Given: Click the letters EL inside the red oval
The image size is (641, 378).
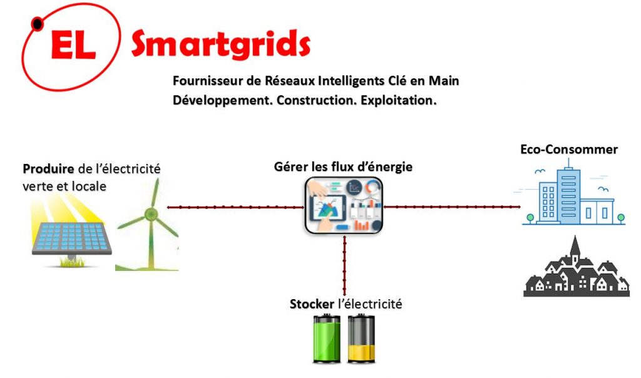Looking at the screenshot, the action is [74, 45].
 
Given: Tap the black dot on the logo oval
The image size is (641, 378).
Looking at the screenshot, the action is [37, 24].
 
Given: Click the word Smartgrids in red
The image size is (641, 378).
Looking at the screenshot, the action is [221, 44].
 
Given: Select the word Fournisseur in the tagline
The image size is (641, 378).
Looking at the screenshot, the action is [208, 81].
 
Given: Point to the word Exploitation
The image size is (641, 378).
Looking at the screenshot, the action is [399, 100].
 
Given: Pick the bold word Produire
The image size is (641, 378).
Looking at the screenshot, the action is [48, 168].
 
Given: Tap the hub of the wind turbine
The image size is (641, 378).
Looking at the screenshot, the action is [151, 213].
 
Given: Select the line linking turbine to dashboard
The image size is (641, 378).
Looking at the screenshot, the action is [235, 207].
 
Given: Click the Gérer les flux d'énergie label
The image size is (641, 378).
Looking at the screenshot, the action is [343, 166].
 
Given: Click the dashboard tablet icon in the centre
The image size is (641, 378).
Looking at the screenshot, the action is [344, 205].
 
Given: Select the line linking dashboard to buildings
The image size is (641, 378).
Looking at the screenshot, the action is [452, 207].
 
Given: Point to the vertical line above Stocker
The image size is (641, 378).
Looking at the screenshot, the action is [345, 265].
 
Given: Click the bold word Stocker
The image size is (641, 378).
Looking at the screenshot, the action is [312, 304].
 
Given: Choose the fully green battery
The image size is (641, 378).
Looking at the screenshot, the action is [327, 339].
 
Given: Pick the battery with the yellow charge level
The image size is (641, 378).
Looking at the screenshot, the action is [361, 339].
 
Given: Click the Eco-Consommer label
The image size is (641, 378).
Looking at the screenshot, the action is [568, 149].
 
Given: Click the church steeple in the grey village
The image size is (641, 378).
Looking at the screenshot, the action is [575, 247].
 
